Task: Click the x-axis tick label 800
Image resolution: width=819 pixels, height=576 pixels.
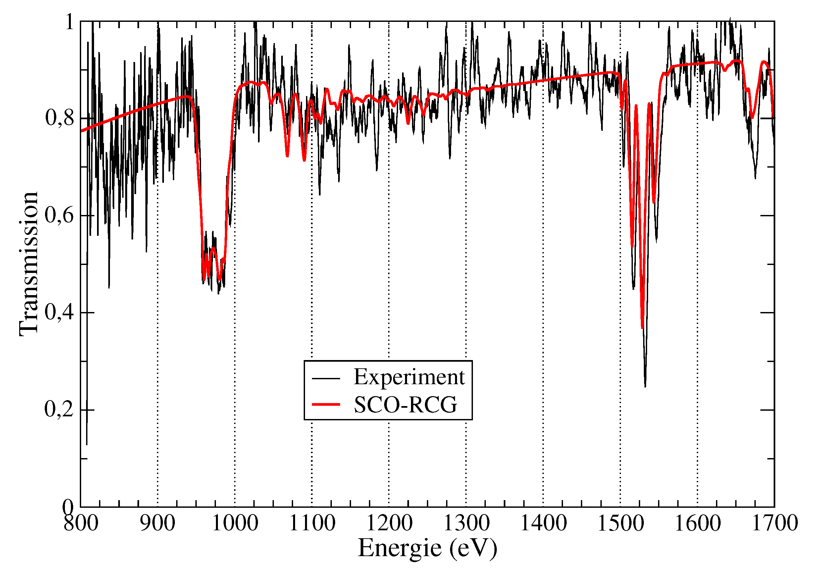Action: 80,524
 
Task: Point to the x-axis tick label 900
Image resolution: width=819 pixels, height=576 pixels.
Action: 157,524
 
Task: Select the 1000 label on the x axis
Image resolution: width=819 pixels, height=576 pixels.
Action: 235,524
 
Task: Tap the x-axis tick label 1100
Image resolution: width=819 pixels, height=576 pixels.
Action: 312,524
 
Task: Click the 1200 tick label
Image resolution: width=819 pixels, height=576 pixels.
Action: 389,524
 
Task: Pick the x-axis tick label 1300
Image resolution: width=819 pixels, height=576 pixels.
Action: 466,524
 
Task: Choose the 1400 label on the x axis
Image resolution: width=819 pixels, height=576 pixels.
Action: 543,524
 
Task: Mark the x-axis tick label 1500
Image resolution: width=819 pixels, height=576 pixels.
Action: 621,524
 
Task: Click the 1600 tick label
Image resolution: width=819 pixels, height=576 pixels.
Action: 698,524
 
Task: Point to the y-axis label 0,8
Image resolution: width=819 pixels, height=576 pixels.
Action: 59,118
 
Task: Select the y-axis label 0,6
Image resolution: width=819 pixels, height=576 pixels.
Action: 59,215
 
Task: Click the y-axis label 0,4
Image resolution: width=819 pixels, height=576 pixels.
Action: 59,312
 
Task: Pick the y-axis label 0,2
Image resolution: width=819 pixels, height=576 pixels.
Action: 59,409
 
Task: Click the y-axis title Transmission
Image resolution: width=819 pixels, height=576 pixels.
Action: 28,264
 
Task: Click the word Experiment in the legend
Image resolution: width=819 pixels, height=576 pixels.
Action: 409,377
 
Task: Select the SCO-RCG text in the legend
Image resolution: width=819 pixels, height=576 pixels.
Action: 405,404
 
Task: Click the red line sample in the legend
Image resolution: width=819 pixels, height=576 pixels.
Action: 326,404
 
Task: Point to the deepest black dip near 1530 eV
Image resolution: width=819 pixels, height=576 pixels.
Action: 645,386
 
